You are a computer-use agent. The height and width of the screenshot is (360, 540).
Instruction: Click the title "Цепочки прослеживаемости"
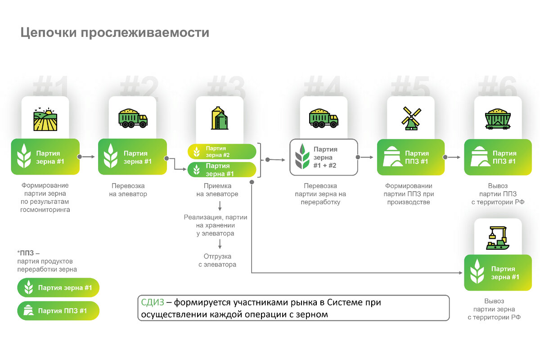(x=115, y=33)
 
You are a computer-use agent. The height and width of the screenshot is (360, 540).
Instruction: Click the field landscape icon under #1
(x=45, y=119)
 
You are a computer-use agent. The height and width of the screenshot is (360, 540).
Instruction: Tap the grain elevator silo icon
(x=219, y=118)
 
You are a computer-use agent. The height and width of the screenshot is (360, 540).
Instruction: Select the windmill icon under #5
(x=410, y=118)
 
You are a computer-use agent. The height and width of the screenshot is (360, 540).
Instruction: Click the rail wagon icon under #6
(x=498, y=118)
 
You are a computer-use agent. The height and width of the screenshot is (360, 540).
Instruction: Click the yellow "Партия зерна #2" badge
(x=222, y=152)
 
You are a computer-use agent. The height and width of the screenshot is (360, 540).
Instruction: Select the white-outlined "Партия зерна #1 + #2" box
(x=323, y=157)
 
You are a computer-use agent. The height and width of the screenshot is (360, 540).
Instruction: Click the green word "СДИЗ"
(x=152, y=303)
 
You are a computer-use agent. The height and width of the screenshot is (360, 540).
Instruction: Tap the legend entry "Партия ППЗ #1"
(x=58, y=310)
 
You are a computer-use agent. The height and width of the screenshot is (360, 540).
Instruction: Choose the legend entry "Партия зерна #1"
(x=58, y=288)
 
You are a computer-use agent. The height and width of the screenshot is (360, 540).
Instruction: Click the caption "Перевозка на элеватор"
(x=130, y=190)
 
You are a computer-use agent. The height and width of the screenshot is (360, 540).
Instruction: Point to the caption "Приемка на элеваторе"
(x=217, y=190)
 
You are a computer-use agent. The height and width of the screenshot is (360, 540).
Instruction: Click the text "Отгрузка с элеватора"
(x=217, y=261)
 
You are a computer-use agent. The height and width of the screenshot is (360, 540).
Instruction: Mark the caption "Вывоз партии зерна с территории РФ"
(x=494, y=309)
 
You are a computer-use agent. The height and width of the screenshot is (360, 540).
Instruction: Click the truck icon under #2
(x=133, y=118)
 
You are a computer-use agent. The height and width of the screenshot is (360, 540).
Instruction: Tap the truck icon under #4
(x=324, y=118)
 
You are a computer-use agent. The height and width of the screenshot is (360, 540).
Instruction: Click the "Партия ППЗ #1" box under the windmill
(x=410, y=157)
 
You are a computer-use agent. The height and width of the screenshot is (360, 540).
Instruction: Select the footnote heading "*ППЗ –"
(x=28, y=252)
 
